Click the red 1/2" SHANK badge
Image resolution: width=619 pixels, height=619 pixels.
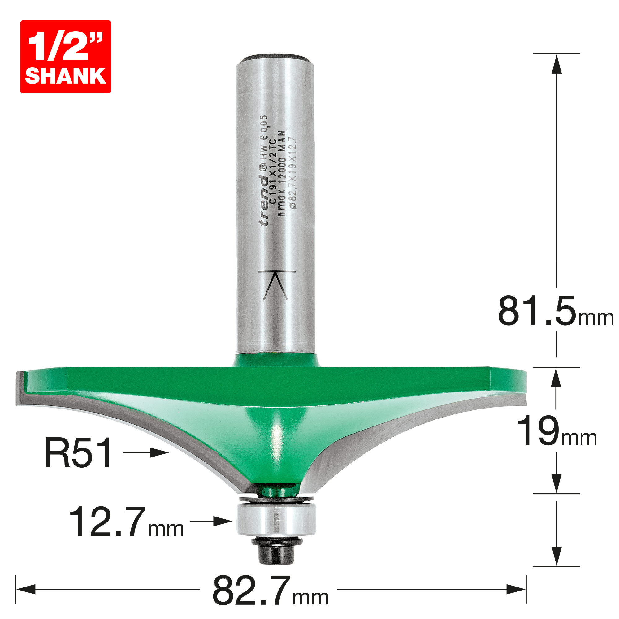66,57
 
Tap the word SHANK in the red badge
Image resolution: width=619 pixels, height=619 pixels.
66,76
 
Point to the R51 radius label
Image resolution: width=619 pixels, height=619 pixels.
79,453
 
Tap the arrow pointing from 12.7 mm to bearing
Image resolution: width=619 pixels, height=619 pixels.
211,521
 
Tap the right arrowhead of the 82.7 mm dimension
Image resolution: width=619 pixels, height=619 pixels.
516,589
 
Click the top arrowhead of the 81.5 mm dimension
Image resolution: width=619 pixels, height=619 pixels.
556,64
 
